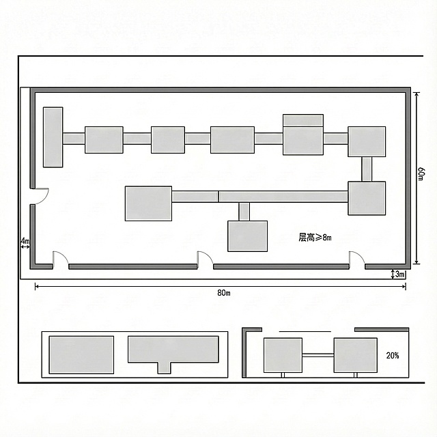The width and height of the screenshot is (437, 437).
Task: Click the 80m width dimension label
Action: (224, 293)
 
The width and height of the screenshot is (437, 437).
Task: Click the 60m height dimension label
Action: (421, 174)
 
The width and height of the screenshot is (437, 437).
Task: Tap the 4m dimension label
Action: (25, 240)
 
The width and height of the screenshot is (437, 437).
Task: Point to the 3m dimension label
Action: (399, 274)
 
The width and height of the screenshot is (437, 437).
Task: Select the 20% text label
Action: (393, 355)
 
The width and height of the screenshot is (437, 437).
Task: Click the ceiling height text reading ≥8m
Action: (315, 238)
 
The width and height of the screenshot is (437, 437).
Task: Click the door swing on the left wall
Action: (40, 197)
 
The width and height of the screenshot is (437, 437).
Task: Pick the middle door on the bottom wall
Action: (205, 258)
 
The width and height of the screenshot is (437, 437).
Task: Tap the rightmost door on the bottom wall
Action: (357, 258)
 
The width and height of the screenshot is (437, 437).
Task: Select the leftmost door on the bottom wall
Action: (61, 258)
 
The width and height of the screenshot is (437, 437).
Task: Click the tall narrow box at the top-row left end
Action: (53, 137)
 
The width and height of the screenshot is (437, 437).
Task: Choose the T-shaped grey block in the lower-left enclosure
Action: (173, 352)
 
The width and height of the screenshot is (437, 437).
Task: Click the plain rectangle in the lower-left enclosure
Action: (81, 355)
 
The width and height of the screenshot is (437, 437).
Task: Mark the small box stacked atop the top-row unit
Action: (303, 120)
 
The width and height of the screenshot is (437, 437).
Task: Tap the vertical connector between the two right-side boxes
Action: (367, 169)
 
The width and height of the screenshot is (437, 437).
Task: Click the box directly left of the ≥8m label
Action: (247, 236)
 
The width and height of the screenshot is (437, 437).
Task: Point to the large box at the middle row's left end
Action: (148, 203)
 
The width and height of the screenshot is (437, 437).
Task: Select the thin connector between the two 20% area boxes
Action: (318, 355)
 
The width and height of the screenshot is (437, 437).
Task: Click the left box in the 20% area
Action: (283, 355)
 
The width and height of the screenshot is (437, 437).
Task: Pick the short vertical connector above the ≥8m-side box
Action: (244, 212)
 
